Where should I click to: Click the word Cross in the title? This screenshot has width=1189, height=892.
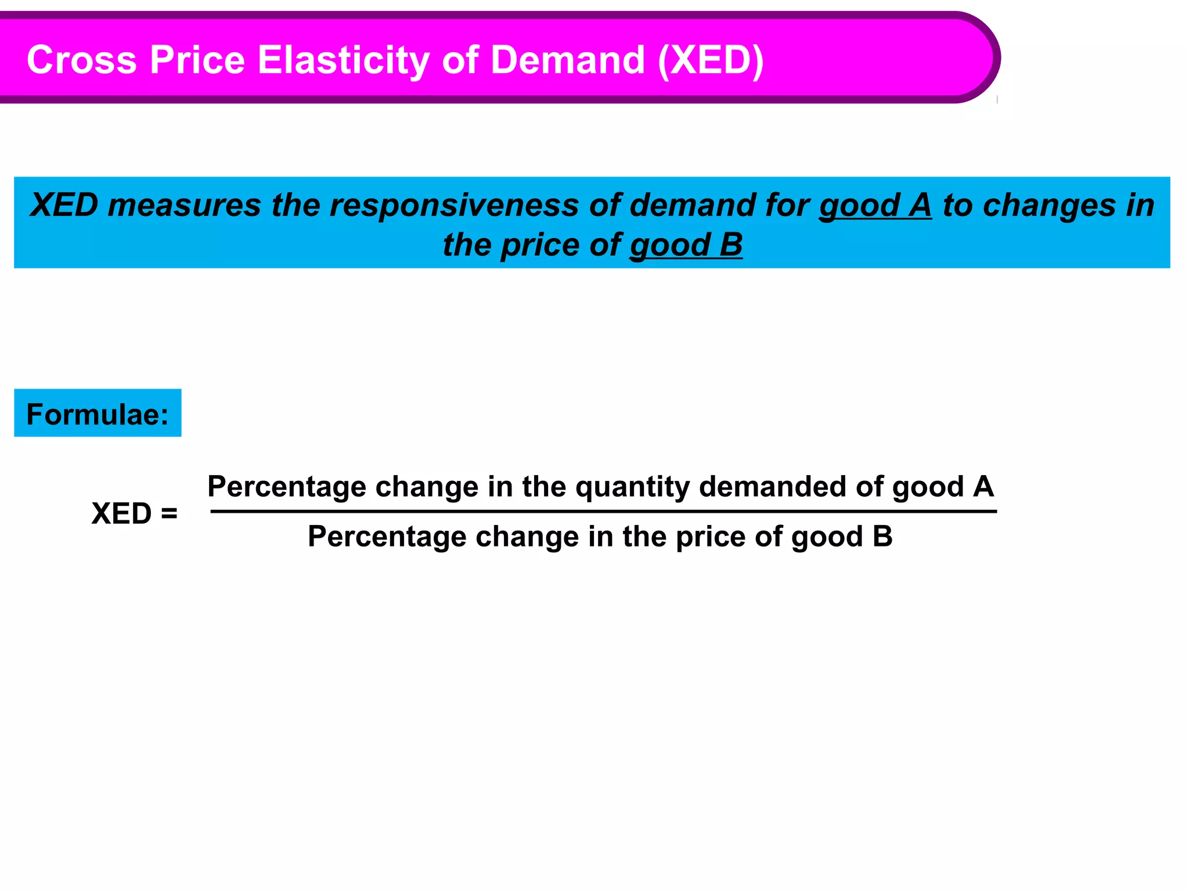82,60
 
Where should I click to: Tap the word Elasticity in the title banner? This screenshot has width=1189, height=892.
343,60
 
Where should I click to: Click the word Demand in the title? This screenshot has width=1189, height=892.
567,60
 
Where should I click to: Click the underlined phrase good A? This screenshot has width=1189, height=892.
875,206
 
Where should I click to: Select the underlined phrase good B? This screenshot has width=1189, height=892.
686,245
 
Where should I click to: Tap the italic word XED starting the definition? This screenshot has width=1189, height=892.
64,206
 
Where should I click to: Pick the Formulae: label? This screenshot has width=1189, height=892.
98,414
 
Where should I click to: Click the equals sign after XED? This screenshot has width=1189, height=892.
169,514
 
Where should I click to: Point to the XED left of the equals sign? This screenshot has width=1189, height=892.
121,514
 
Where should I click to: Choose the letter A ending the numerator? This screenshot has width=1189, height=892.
983,487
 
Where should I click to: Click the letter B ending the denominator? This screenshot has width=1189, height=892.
882,537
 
